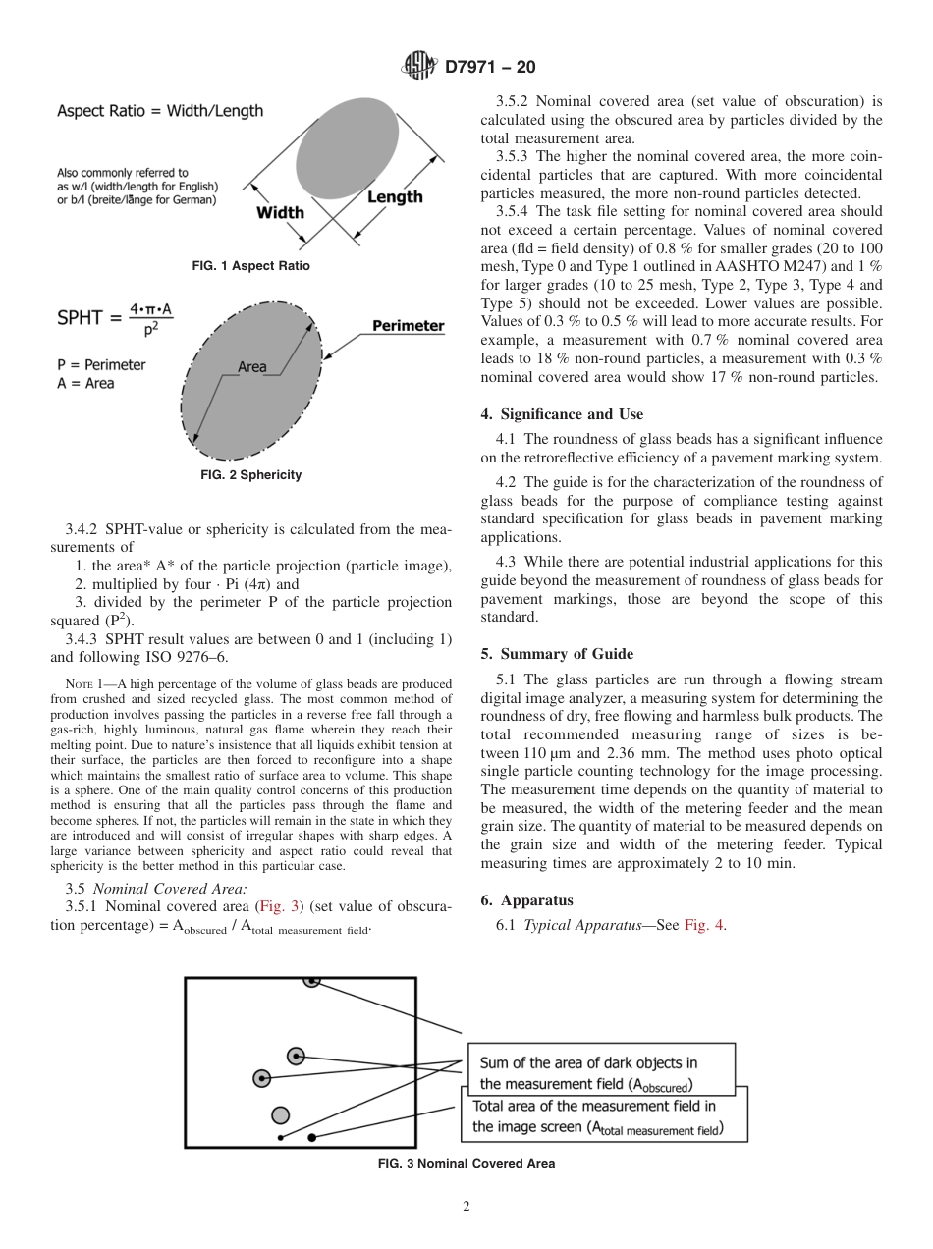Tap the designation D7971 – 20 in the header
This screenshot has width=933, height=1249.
[x=491, y=68]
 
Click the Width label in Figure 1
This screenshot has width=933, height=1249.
[x=280, y=212]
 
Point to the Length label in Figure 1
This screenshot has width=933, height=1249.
[x=395, y=197]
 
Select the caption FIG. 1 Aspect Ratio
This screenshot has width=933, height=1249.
[x=250, y=266]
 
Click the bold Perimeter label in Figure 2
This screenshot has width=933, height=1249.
[x=408, y=326]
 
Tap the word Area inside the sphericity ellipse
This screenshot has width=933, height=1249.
[x=252, y=366]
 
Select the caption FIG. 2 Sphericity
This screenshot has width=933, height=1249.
[x=250, y=475]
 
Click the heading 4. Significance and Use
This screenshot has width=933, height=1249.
[x=562, y=414]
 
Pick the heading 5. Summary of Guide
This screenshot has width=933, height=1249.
[x=557, y=654]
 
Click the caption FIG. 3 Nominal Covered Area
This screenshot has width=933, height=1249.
[x=466, y=1164]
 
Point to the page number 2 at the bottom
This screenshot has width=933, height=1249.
[x=466, y=1207]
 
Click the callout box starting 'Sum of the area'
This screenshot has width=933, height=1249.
[x=600, y=1072]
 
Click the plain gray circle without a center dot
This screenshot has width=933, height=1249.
[x=281, y=1114]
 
